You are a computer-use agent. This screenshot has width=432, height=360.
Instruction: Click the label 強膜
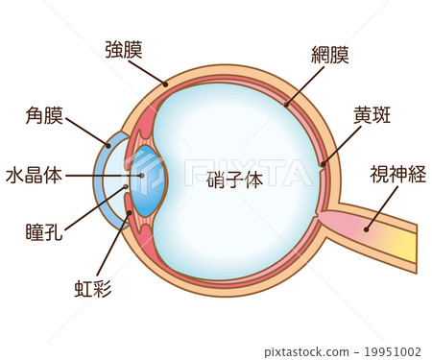[x=125, y=49]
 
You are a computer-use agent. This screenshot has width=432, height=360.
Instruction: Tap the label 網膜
[x=330, y=54]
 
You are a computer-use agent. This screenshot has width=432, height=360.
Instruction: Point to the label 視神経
[x=393, y=175]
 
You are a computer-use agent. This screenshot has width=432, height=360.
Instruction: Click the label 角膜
[x=45, y=117]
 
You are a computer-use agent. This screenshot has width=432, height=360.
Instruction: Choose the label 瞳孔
[x=45, y=231]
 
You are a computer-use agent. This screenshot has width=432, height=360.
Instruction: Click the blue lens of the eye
[x=148, y=180]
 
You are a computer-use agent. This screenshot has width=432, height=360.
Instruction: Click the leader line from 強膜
[x=148, y=72]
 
